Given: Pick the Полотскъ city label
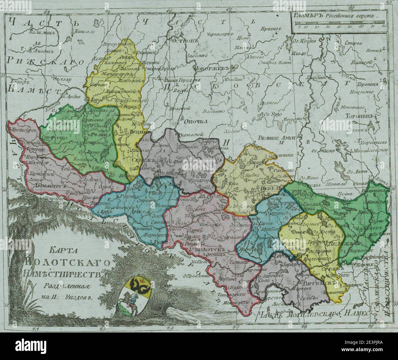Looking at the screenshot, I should tap(208, 249).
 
